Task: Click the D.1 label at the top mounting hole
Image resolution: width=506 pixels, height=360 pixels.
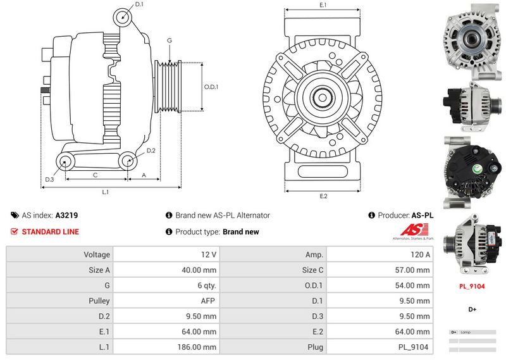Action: click(139, 5)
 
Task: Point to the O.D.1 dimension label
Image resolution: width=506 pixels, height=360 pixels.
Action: click(211, 87)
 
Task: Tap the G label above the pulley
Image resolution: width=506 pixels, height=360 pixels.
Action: click(170, 40)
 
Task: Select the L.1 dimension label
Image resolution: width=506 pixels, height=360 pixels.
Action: click(106, 192)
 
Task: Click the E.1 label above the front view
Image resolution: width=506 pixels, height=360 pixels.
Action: click(323, 5)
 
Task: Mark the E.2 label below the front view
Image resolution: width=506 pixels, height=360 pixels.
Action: click(323, 196)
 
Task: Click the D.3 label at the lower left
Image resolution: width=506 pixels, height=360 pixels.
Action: click(49, 180)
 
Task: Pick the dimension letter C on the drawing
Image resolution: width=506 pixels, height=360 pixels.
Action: click(95, 175)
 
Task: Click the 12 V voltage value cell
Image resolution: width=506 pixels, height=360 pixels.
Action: click(209, 254)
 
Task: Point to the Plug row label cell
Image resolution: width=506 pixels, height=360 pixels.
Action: click(315, 347)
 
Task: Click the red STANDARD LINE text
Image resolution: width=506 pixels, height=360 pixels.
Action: click(50, 232)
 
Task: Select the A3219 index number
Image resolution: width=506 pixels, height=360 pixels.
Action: click(66, 215)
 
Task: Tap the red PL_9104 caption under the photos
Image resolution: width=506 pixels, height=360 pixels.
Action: click(471, 286)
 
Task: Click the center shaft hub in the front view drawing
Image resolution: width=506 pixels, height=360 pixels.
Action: click(323, 97)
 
